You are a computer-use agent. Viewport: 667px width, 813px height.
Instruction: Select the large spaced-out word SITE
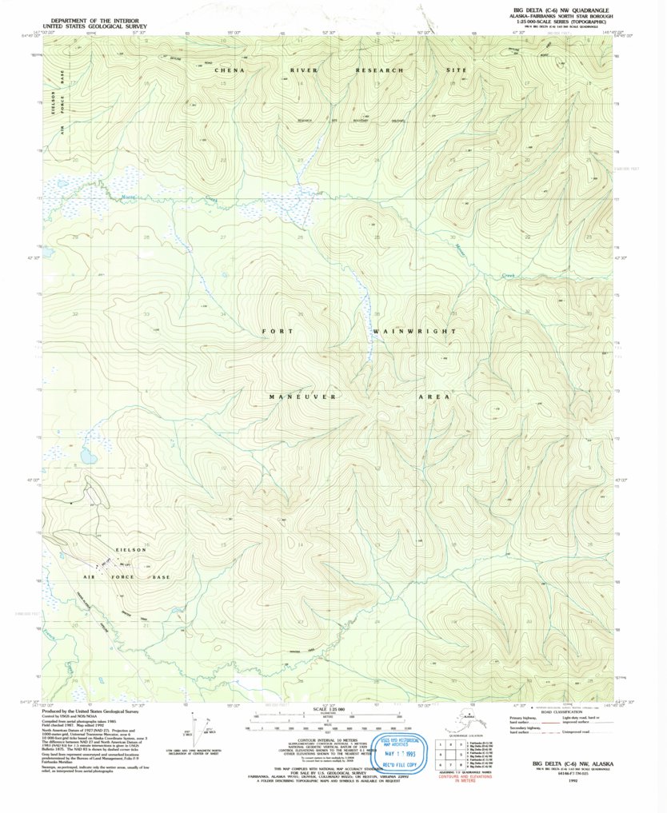[x=455, y=70]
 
